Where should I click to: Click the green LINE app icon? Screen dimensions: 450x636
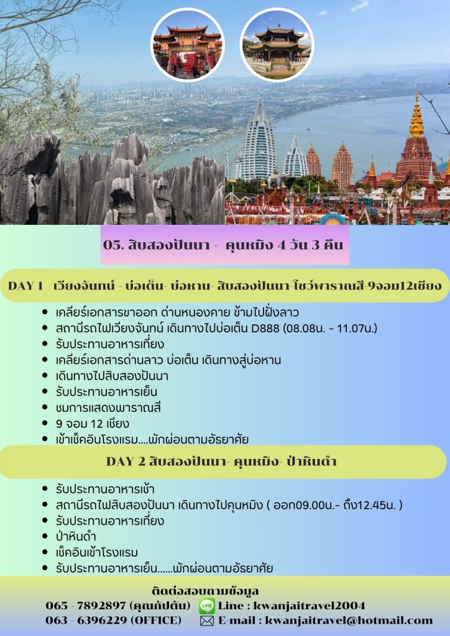pyautogui.click(x=207, y=606)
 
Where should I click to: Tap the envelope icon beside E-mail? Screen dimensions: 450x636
pyautogui.click(x=207, y=621)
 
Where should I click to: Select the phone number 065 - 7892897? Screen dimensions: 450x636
pyautogui.click(x=86, y=606)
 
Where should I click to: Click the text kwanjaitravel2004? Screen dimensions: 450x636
pyautogui.click(x=309, y=606)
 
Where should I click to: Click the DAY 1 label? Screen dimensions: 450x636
pyautogui.click(x=25, y=286)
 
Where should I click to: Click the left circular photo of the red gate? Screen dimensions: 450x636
pyautogui.click(x=187, y=45)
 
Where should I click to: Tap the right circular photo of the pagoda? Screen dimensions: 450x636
pyautogui.click(x=277, y=45)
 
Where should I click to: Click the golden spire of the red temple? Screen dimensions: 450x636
pyautogui.click(x=416, y=116)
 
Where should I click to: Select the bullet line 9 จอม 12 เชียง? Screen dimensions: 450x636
pyautogui.click(x=93, y=424)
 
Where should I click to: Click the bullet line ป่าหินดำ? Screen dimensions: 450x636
pyautogui.click(x=76, y=537)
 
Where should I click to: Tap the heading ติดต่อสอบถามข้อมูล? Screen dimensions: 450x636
pyautogui.click(x=205, y=591)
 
